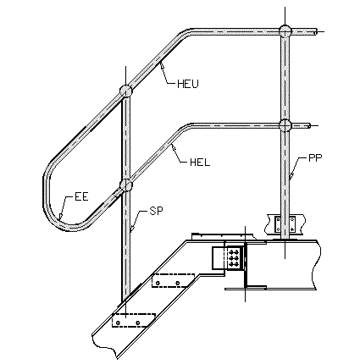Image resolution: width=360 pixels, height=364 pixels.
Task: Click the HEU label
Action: [188, 84]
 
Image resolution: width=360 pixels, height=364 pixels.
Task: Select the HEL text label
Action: [200, 163]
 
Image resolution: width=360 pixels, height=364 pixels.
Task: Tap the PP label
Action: [315, 157]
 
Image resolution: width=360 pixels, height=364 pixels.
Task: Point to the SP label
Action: [156, 211]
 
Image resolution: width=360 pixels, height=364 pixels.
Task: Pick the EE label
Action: [81, 196]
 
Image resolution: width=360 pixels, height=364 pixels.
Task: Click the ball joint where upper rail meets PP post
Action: [285, 31]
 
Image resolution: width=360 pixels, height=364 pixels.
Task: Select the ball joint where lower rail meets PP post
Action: [285, 125]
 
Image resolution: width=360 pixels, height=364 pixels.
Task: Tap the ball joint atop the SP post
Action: [125, 91]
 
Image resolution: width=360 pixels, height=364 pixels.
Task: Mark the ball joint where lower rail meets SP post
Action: [125, 185]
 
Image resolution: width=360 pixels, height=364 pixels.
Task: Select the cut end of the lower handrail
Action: [309, 125]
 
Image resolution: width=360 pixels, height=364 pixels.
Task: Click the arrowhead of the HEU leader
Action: [162, 65]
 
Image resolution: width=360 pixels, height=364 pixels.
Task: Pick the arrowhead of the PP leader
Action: [291, 177]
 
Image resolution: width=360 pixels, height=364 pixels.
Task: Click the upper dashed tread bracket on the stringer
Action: [174, 280]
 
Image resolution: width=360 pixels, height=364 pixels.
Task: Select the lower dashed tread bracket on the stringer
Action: [134, 320]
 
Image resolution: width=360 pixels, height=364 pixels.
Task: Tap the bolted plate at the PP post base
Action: [285, 224]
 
